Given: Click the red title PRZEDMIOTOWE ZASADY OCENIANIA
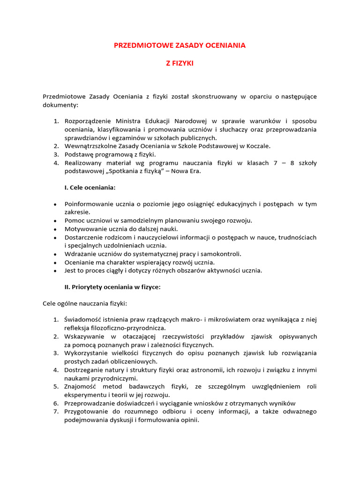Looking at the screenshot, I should pyautogui.click(x=180, y=45).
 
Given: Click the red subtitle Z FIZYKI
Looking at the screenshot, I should pyautogui.click(x=180, y=63).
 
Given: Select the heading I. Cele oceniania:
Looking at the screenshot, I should pyautogui.click(x=90, y=187).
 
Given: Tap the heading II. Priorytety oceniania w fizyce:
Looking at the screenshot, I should pyautogui.click(x=112, y=287).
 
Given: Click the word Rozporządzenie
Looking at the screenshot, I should pyautogui.click(x=87, y=121).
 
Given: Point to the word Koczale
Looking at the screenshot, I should pyautogui.click(x=258, y=146).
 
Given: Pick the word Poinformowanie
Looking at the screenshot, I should pyautogui.click(x=88, y=204).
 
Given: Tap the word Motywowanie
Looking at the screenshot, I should pyautogui.click(x=85, y=229).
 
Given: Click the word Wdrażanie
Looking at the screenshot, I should pyautogui.click(x=80, y=254).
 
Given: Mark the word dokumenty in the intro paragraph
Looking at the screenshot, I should pyautogui.click(x=60, y=105).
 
